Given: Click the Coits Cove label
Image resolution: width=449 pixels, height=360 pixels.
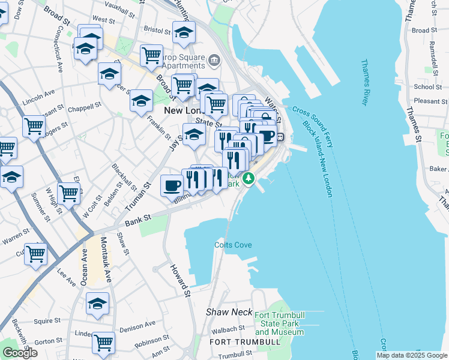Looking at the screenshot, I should [x=233, y=245].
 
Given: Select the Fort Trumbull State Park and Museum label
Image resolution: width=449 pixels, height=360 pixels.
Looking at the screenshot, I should [x=279, y=323].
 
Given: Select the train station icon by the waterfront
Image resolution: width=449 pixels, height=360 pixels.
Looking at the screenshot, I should [x=280, y=137].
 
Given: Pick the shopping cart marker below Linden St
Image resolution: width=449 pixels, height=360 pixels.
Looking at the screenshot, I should [x=103, y=343].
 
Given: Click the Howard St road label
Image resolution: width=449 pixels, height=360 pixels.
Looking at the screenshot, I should [x=179, y=280].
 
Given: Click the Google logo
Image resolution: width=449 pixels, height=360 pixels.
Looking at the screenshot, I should [x=20, y=353].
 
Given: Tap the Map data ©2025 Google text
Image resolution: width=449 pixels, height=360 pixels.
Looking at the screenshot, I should [x=411, y=355].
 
